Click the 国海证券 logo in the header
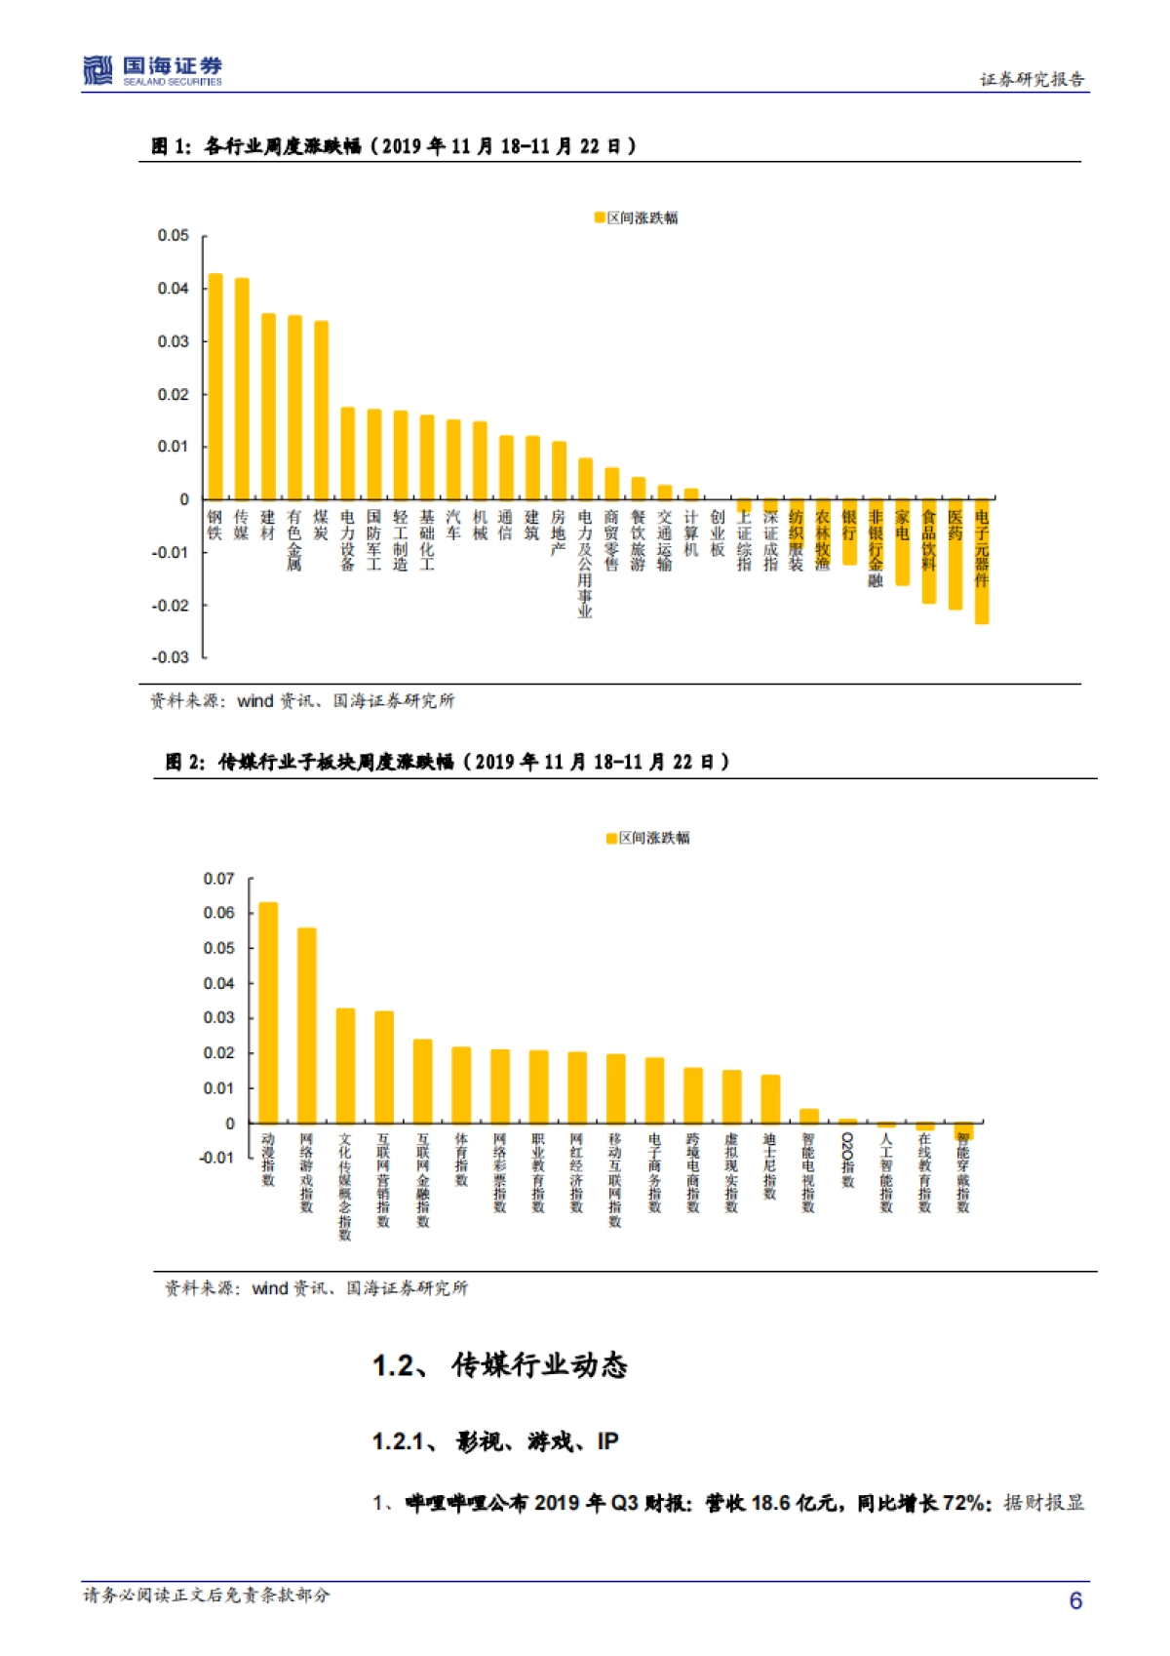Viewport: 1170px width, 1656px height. [152, 70]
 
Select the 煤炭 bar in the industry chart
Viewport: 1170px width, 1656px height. [321, 410]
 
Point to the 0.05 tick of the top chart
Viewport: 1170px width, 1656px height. [174, 236]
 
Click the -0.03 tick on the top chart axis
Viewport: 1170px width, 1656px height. [171, 657]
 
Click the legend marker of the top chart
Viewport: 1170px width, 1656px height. [600, 217]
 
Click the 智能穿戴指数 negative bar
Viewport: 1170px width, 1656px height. [963, 1131]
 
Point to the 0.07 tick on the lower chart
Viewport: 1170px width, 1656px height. [218, 879]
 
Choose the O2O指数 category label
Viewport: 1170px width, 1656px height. [847, 1160]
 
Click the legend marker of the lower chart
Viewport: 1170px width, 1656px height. [611, 838]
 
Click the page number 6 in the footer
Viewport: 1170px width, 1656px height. [1075, 1600]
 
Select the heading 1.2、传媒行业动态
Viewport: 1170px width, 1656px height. [499, 1365]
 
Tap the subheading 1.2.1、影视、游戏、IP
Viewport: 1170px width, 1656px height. [495, 1441]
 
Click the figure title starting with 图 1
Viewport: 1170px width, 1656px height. [394, 146]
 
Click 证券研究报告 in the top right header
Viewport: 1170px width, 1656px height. [1032, 80]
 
